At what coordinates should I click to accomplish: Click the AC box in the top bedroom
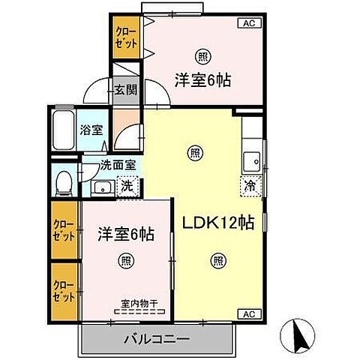pyautogui.click(x=249, y=23)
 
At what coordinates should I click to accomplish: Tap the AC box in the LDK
pyautogui.click(x=249, y=313)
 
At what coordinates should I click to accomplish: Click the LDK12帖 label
pyautogui.click(x=218, y=223)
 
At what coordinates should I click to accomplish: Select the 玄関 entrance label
pyautogui.click(x=126, y=90)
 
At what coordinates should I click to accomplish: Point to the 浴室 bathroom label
pyautogui.click(x=91, y=130)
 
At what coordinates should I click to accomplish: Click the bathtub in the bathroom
pyautogui.click(x=63, y=129)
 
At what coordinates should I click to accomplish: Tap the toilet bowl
pyautogui.click(x=64, y=183)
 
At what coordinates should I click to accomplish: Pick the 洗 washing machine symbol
pyautogui.click(x=127, y=186)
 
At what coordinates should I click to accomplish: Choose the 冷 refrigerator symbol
pyautogui.click(x=250, y=186)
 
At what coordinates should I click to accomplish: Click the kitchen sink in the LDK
pyautogui.click(x=252, y=161)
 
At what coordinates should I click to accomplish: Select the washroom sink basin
pyautogui.click(x=103, y=187)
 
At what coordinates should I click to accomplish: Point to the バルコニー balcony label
pyautogui.click(x=157, y=339)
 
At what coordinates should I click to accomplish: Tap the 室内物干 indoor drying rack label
pyautogui.click(x=139, y=304)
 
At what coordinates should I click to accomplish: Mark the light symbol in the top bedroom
pyautogui.click(x=202, y=57)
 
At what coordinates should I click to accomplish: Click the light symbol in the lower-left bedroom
pyautogui.click(x=126, y=261)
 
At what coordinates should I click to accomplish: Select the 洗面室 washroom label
pyautogui.click(x=118, y=165)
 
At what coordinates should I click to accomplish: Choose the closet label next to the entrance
pyautogui.click(x=126, y=37)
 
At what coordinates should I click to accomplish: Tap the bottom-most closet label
pyautogui.click(x=64, y=292)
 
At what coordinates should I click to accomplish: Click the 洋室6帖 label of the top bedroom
pyautogui.click(x=202, y=80)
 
